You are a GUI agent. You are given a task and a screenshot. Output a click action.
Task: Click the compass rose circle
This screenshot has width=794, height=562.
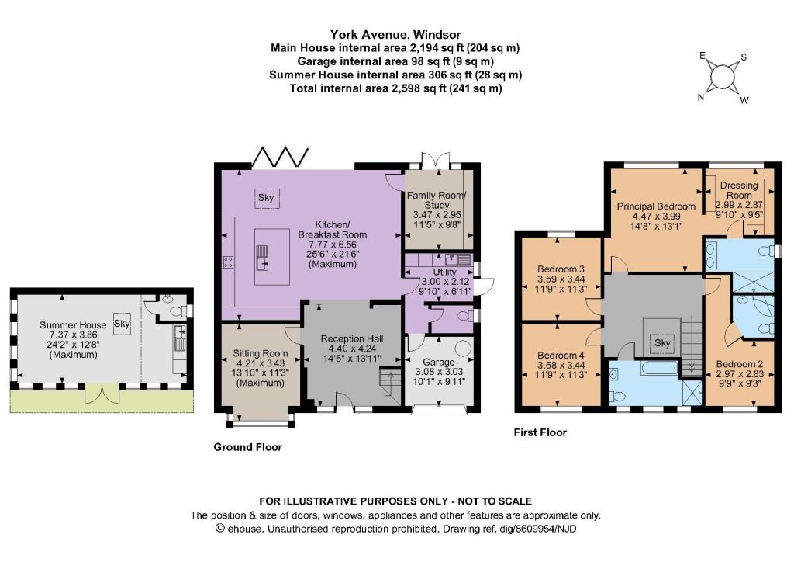723,77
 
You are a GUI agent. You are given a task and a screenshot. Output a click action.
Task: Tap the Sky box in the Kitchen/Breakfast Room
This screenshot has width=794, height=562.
267,198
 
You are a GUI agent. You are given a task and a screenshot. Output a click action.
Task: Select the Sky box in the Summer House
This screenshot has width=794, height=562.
122,323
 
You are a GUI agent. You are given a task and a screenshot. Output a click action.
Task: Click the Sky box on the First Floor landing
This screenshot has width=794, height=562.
662,343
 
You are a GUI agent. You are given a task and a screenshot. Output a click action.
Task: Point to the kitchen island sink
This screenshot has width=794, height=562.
262,257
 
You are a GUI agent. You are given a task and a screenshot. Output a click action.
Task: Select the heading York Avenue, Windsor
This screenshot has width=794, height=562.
395,34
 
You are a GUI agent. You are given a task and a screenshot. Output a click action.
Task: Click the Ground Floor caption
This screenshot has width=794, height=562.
247,447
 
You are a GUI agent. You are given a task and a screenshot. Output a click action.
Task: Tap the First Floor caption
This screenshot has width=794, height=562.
540,432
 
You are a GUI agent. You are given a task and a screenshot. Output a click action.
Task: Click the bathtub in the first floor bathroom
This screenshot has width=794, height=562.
659,368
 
